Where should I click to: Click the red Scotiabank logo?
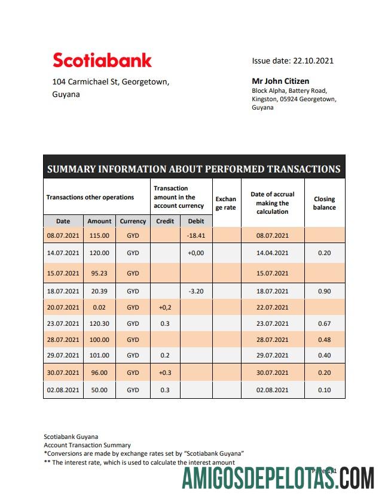[102, 60]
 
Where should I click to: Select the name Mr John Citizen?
[280, 81]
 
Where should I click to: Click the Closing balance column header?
[324, 203]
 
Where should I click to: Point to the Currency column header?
[133, 221]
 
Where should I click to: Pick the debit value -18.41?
[195, 236]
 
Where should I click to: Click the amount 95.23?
[99, 273]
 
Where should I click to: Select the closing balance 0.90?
[324, 291]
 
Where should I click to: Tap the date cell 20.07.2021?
[63, 307]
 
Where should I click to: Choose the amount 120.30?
[99, 323]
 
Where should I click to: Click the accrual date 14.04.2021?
[272, 253]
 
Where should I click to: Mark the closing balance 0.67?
[324, 323]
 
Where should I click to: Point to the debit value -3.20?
[195, 291]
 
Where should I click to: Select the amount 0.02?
[99, 307]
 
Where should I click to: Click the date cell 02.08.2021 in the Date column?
[63, 390]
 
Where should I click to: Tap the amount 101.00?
[99, 355]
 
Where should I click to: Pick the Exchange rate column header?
[225, 203]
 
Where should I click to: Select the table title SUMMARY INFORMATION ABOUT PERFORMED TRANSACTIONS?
[194, 169]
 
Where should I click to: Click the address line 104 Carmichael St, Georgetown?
[111, 81]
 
